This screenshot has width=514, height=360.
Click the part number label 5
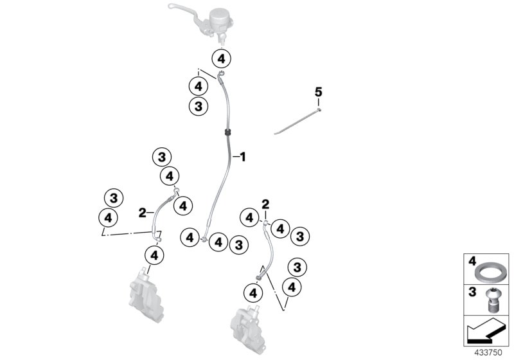tap(318, 93)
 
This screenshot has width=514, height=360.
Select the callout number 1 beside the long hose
tap(243, 156)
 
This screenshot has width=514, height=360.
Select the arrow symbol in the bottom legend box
tap(484, 332)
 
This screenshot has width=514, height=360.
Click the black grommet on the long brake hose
tap(228, 132)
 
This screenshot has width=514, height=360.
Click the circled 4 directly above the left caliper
tap(154, 255)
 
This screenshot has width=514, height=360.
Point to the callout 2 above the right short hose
tap(265, 204)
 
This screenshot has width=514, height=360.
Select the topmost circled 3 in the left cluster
tap(161, 156)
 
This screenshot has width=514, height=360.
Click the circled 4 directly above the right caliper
tap(254, 292)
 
